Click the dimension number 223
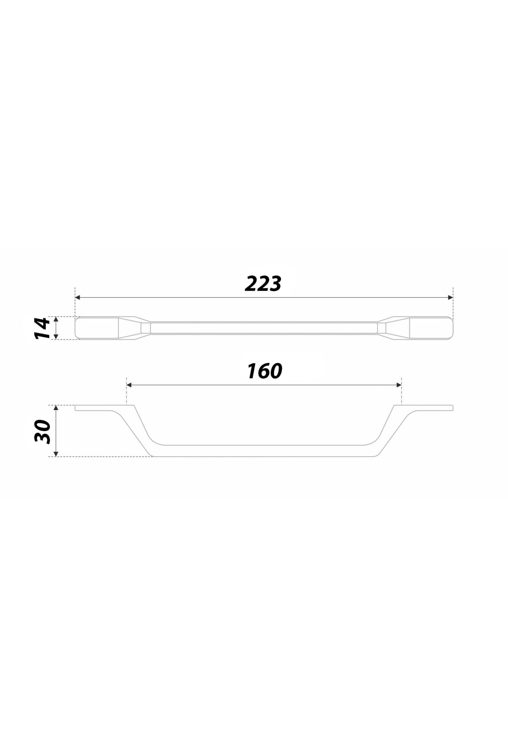click(263, 284)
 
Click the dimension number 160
click(265, 371)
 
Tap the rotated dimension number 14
click(42, 328)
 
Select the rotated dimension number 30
click(42, 431)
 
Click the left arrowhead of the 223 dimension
click(77, 298)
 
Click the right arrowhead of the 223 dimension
click(450, 298)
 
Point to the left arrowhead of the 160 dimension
click(129, 385)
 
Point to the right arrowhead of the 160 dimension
click(399, 385)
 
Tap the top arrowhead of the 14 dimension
click(56, 319)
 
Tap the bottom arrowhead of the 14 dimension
click(56, 337)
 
